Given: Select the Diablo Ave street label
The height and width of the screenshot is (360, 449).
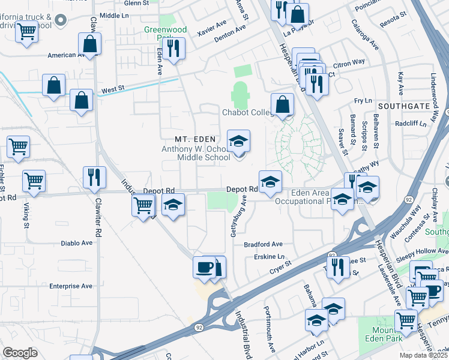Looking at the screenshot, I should tap(77, 244).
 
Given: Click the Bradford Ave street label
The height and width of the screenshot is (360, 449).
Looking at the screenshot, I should tap(263, 245).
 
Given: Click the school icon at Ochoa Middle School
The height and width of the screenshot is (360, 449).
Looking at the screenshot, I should tap(238, 142).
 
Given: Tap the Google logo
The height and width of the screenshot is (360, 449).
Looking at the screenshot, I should tap(20, 353).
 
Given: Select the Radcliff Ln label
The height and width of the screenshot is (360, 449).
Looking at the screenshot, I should tap(411, 124).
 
